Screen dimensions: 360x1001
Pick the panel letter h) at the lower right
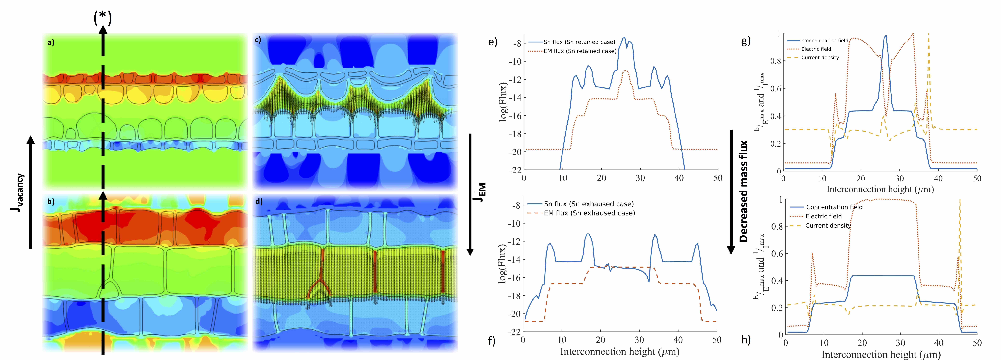(746, 339)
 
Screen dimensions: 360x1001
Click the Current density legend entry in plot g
(820, 58)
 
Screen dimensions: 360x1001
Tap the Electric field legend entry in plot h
(823, 216)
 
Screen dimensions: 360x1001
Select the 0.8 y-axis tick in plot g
(776, 61)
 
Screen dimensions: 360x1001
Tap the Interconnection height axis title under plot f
(619, 352)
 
